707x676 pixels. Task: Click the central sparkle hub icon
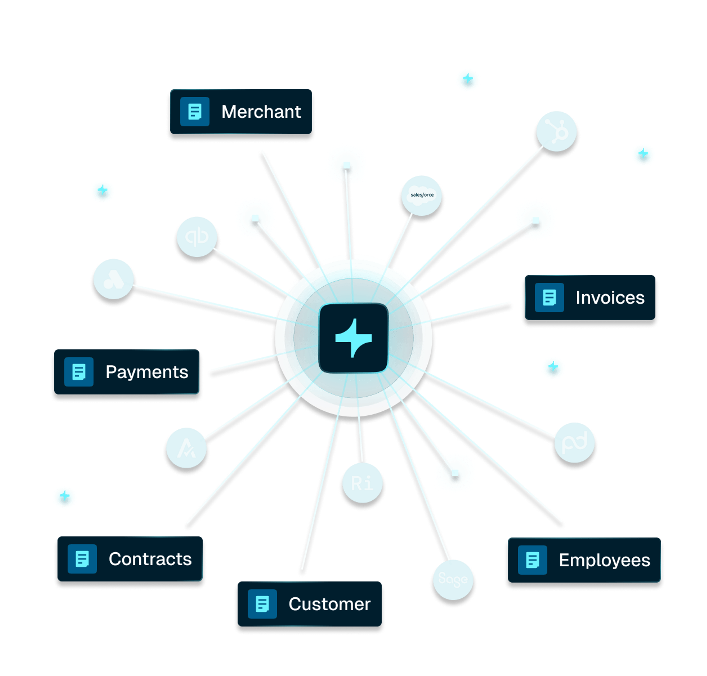pos(353,338)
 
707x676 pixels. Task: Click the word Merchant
pos(261,112)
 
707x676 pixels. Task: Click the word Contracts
pos(150,559)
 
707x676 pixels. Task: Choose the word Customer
pos(330,604)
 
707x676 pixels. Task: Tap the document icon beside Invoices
pos(549,298)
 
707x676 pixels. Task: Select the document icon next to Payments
pos(79,372)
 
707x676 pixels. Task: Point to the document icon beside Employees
pos(532,560)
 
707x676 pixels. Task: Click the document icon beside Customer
pos(262,604)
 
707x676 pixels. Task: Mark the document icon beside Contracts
pos(82,559)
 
